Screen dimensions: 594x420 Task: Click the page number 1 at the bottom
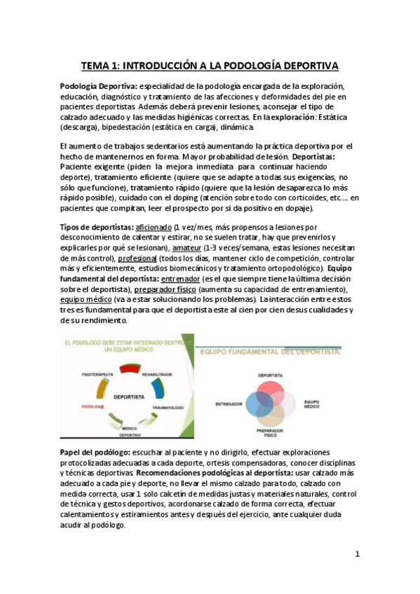357,554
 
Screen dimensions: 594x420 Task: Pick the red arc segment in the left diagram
129,368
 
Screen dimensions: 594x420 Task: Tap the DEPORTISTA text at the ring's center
128,396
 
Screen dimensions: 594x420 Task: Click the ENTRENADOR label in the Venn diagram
229,404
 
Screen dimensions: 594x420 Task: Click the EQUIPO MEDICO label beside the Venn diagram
311,404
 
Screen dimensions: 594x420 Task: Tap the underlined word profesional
137,258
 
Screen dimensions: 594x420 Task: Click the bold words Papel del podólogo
93,453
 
